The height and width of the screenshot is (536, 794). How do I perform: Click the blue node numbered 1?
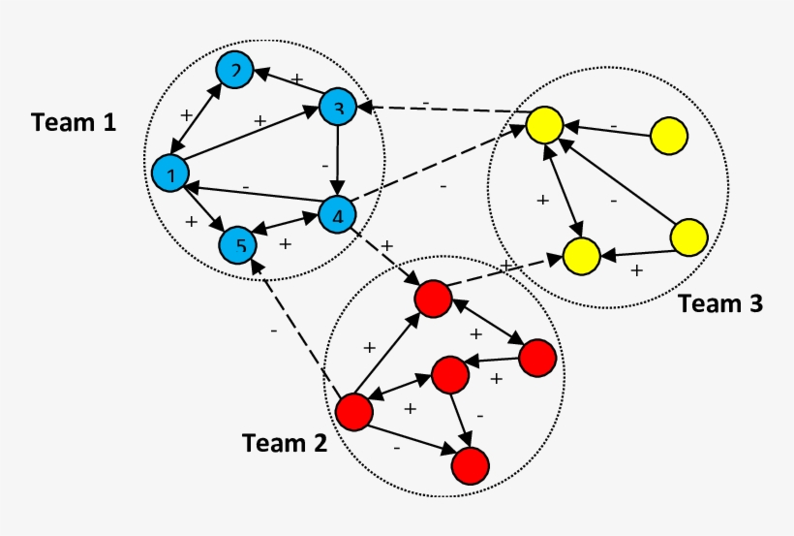click(170, 174)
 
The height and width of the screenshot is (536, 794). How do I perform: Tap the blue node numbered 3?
click(338, 107)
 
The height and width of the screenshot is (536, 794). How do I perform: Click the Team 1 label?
click(74, 123)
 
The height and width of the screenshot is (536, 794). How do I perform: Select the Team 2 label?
click(284, 443)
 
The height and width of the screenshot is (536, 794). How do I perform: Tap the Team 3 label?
click(719, 303)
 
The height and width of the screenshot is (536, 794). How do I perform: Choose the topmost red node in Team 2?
click(432, 299)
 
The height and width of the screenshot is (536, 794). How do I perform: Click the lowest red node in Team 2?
click(470, 465)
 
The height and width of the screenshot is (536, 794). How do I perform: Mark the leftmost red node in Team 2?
click(354, 412)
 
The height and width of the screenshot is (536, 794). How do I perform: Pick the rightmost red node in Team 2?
click(537, 359)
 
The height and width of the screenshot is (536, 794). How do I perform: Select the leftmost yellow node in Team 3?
click(544, 126)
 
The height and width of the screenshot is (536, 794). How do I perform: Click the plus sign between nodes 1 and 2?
click(186, 114)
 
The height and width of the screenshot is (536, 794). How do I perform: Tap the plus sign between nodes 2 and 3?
click(298, 78)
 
